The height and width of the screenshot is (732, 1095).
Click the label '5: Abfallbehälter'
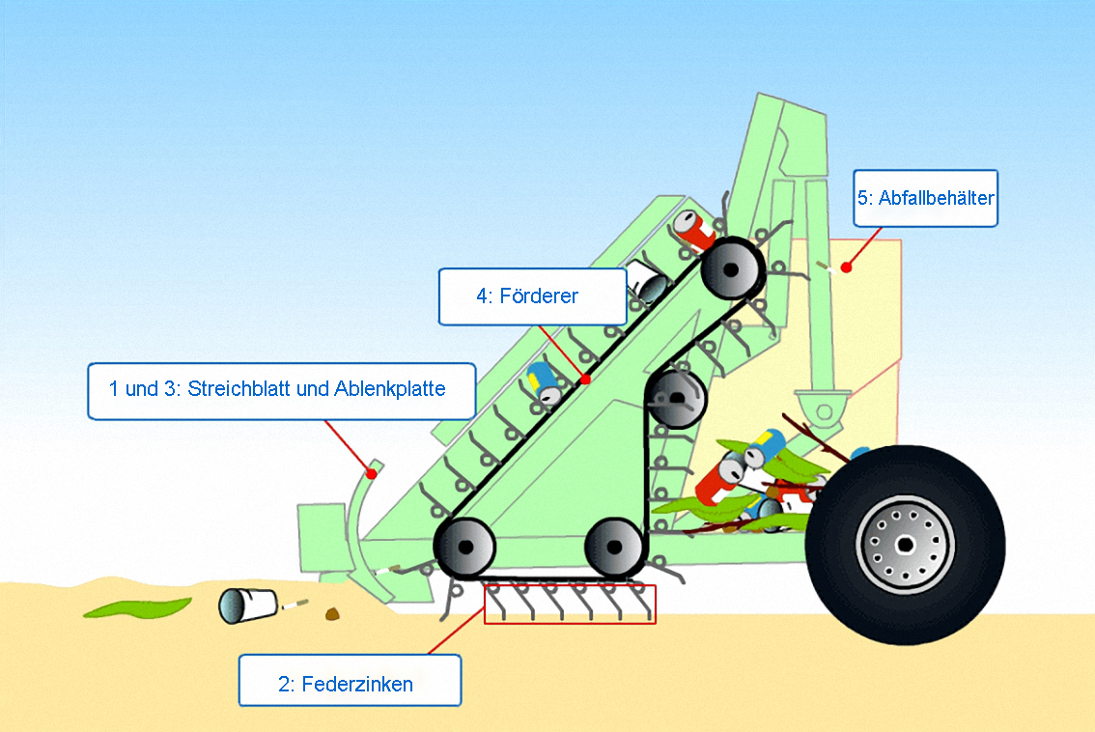(x=925, y=199)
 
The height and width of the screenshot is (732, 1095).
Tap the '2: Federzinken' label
(x=350, y=684)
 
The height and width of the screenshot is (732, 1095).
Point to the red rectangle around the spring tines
(x=570, y=605)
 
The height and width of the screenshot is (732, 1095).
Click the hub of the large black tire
(x=905, y=545)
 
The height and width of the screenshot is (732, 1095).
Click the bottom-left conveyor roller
(x=464, y=548)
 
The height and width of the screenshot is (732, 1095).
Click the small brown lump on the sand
(x=333, y=612)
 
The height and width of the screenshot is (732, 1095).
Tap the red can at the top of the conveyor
(x=694, y=229)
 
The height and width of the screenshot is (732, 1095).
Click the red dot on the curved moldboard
(x=371, y=473)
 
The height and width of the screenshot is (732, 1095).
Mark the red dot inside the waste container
(x=846, y=267)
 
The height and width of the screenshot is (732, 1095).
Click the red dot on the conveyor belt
(x=585, y=380)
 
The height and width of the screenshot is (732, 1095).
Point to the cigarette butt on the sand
(x=295, y=605)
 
